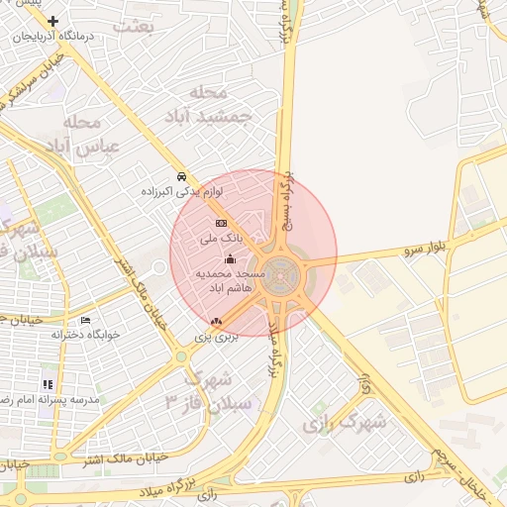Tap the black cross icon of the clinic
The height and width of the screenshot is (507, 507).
coord(52,21)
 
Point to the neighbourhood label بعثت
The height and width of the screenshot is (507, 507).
coord(134,27)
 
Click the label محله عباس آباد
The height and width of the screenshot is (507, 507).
coord(87,134)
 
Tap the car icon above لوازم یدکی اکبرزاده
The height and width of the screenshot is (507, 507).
coord(181,176)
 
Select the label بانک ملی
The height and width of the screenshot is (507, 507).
coord(220,239)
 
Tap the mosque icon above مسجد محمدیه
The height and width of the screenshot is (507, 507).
coord(231,258)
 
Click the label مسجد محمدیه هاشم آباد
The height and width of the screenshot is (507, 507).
coord(231,279)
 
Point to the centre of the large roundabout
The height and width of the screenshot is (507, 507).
coord(282,270)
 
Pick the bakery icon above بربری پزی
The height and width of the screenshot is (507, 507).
coord(217,322)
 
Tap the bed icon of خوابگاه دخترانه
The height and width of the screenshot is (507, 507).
coord(85,321)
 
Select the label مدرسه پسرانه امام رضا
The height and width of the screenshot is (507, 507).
coord(45,399)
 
